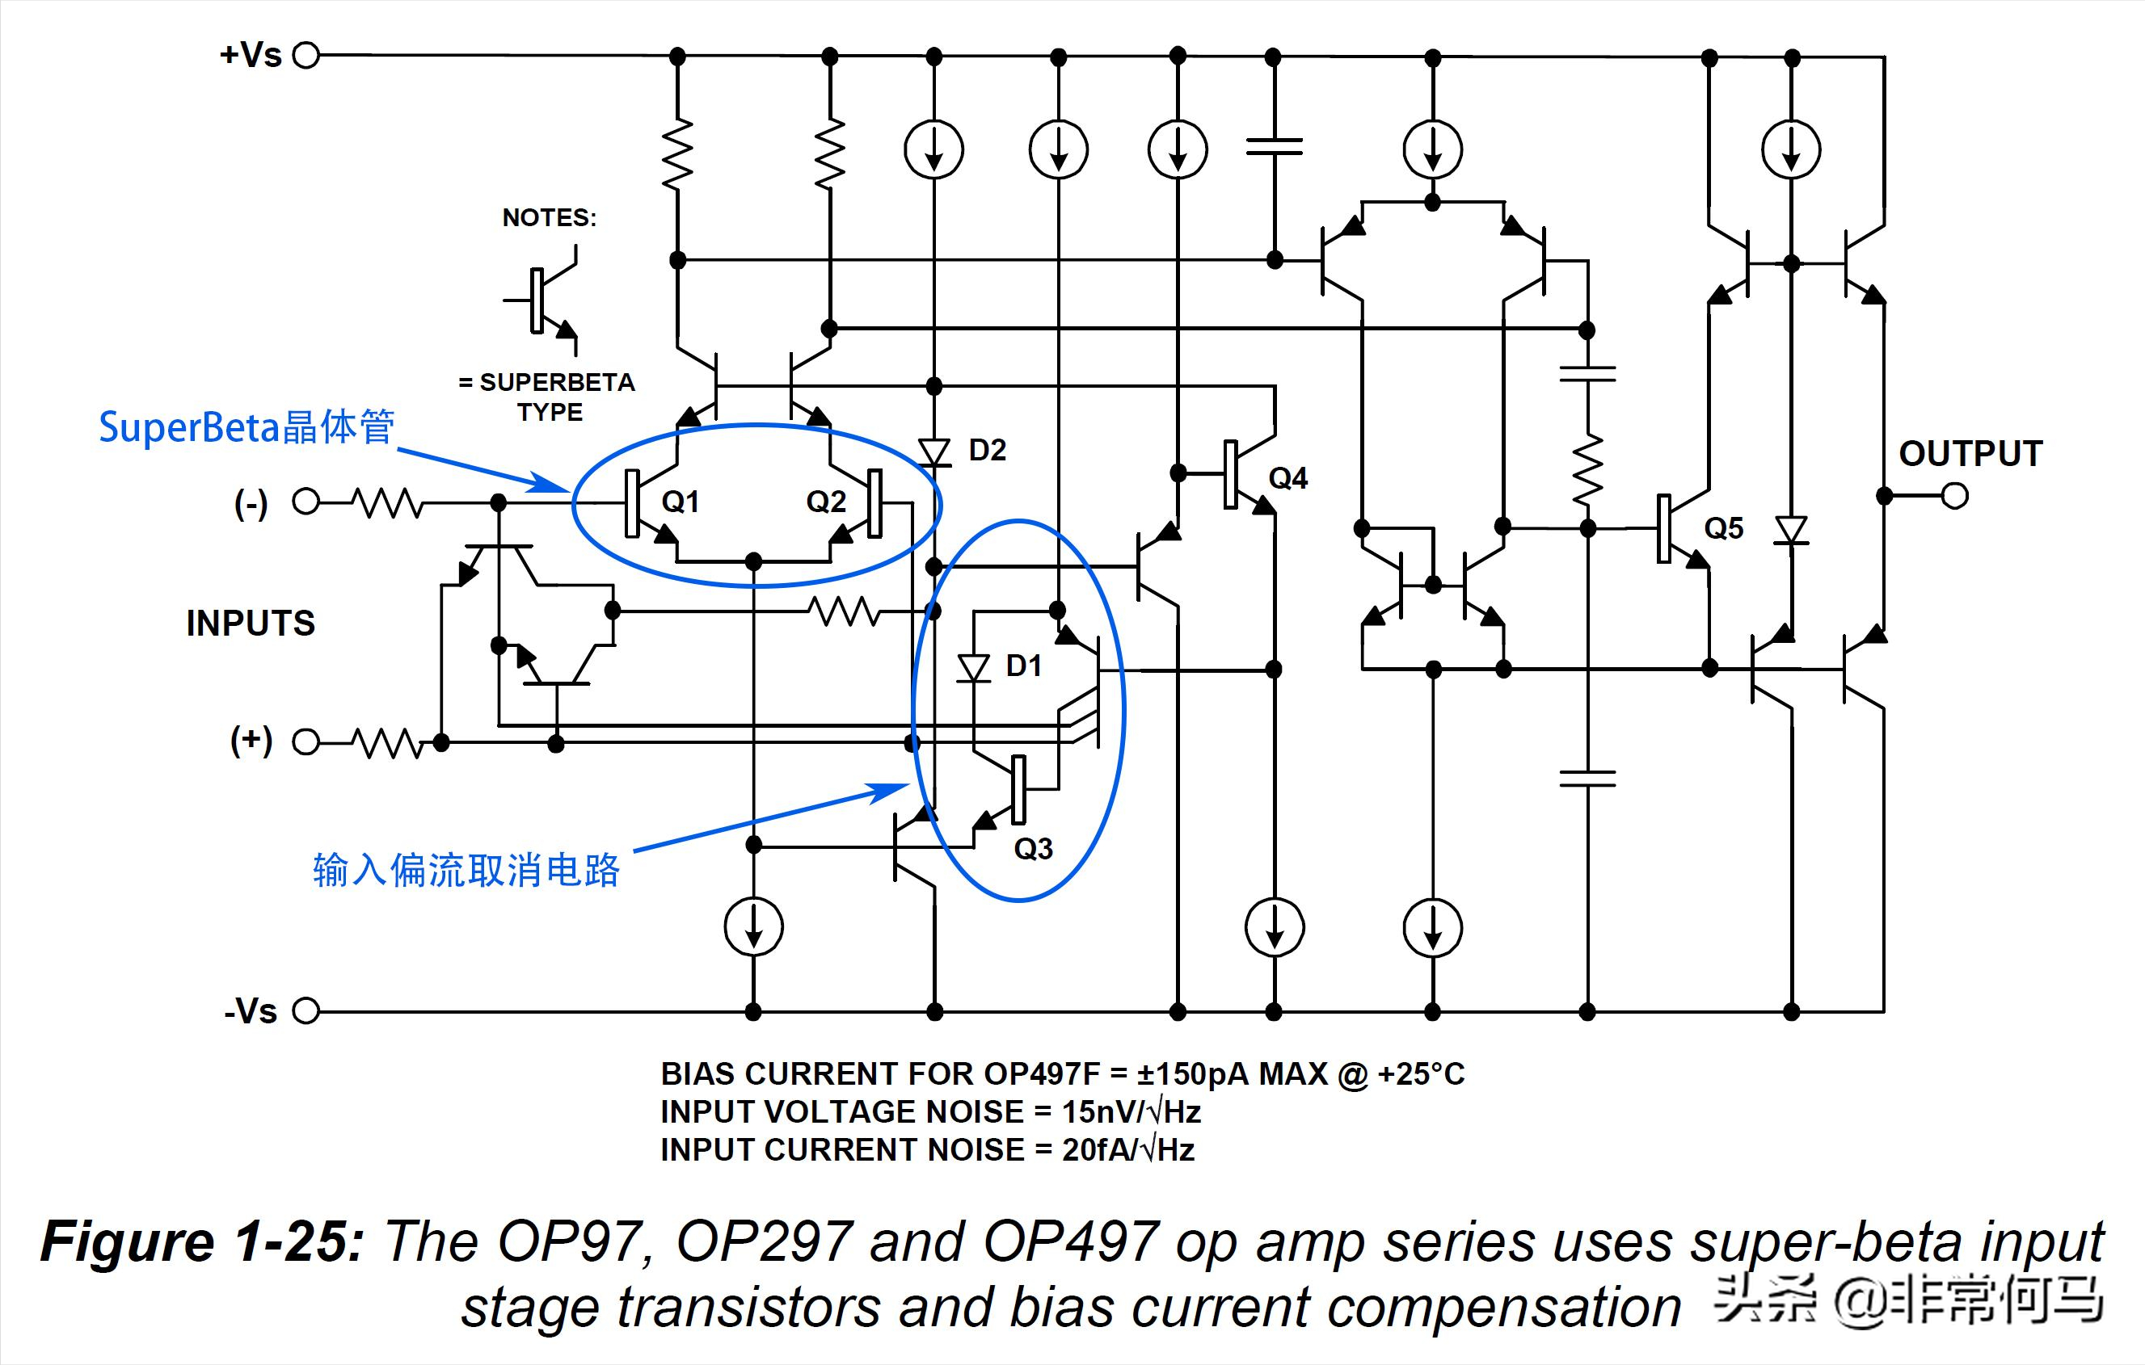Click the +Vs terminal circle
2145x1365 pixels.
point(306,55)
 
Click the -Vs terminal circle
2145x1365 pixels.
point(306,1010)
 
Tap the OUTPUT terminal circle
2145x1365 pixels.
point(1954,495)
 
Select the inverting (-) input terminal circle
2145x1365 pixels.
point(306,502)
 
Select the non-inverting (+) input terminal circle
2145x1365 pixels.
point(306,741)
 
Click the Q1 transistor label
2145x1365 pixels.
point(680,502)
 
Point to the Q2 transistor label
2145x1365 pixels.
point(826,502)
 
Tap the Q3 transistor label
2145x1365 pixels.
point(1034,849)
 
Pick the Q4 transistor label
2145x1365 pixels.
point(1288,479)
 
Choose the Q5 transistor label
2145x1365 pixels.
point(1724,529)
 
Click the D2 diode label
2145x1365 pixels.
point(987,451)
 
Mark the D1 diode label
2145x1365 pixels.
point(1023,666)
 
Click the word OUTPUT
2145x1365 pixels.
point(1970,454)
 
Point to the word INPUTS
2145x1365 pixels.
point(251,624)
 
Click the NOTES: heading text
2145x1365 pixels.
point(549,218)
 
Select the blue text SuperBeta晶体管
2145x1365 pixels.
point(247,427)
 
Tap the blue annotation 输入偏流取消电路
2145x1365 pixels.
point(466,870)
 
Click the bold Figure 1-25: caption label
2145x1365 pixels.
point(202,1242)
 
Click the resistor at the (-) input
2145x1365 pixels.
point(387,503)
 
